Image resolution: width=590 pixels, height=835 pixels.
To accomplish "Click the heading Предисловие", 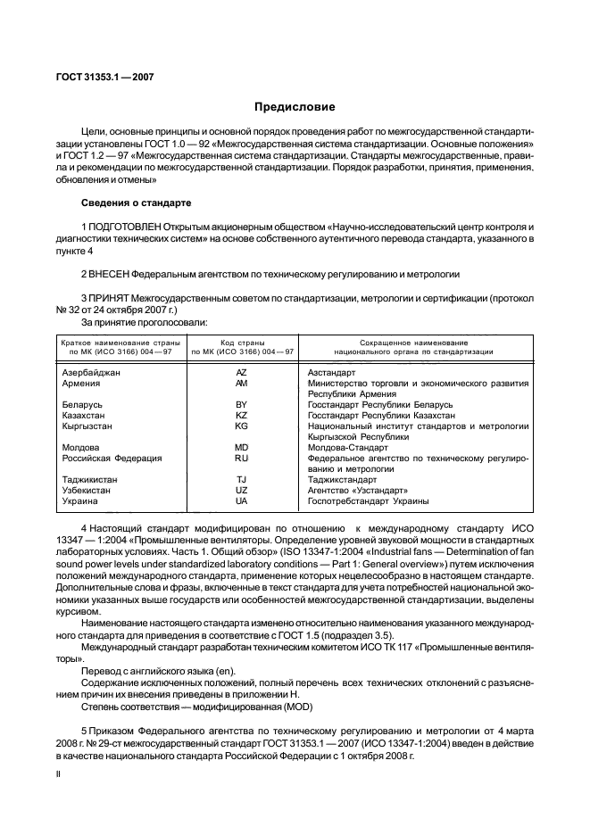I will pos(295,107).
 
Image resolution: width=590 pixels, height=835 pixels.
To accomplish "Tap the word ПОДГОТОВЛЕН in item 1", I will pos(124,228).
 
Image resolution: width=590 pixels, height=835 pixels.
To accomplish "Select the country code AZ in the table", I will pos(241,371).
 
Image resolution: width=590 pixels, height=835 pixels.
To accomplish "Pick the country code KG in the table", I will pos(241,426).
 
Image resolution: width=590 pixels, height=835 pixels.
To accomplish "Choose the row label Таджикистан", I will pos(90,479).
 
